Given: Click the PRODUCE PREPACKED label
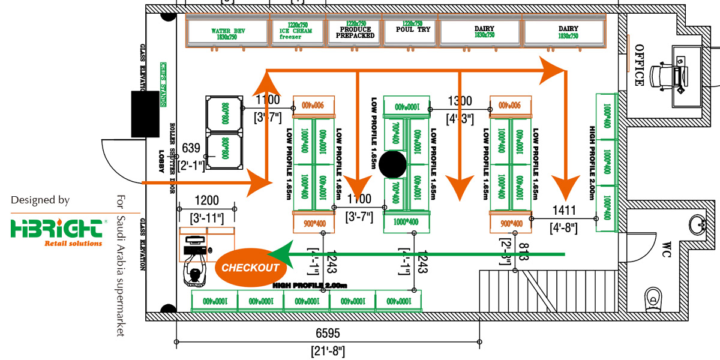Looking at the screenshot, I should point(355,32).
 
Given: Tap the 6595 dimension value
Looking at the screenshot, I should point(327,334).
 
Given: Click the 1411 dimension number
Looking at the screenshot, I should point(565,211).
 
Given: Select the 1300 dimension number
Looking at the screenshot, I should point(460,101).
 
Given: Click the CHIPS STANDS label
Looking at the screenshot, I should point(163,85).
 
